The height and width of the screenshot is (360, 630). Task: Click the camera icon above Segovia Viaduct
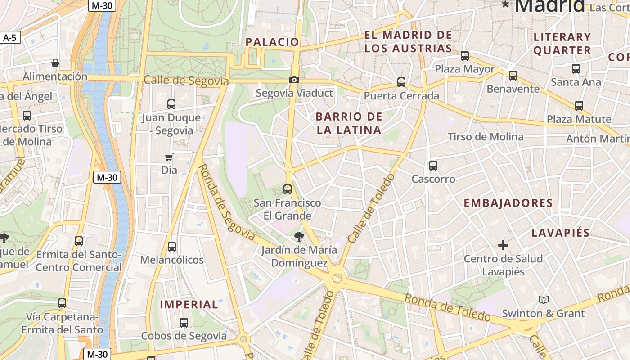(294, 80)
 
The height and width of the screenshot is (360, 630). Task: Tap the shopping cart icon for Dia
(169, 157)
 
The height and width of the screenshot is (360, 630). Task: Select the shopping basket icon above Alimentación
(55, 63)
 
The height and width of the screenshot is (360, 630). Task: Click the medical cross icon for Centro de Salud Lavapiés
(503, 245)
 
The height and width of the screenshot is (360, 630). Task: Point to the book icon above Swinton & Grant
(543, 300)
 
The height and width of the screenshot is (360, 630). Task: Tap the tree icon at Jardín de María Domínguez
(298, 236)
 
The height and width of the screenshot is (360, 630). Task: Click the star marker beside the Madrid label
(506, 4)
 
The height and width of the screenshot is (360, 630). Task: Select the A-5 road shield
(10, 38)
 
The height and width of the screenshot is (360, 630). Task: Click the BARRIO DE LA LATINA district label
(349, 124)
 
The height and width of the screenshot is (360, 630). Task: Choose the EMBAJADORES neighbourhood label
(508, 203)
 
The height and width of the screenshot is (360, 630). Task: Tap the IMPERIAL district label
(189, 305)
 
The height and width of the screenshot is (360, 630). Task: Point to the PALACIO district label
(272, 42)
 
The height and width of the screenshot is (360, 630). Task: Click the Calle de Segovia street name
(186, 81)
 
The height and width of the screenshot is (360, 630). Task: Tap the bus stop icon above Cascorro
(433, 166)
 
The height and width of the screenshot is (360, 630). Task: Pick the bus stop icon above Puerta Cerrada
(401, 82)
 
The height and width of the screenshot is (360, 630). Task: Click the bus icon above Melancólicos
(172, 247)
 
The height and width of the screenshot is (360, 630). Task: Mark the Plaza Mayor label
(464, 69)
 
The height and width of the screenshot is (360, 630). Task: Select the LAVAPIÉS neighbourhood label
(560, 233)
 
